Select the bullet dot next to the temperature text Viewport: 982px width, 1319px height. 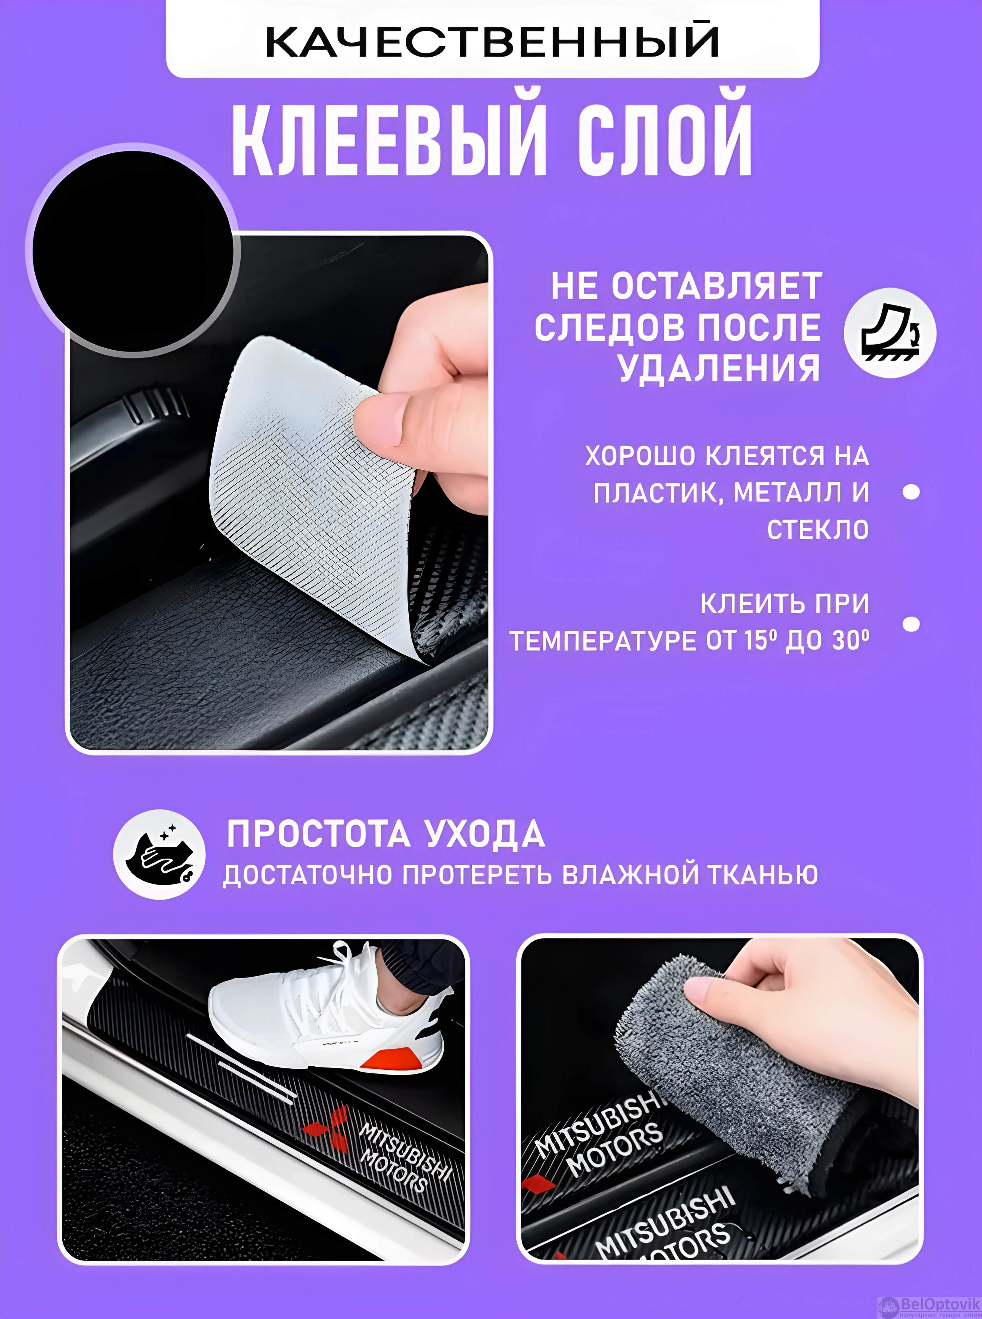911,624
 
